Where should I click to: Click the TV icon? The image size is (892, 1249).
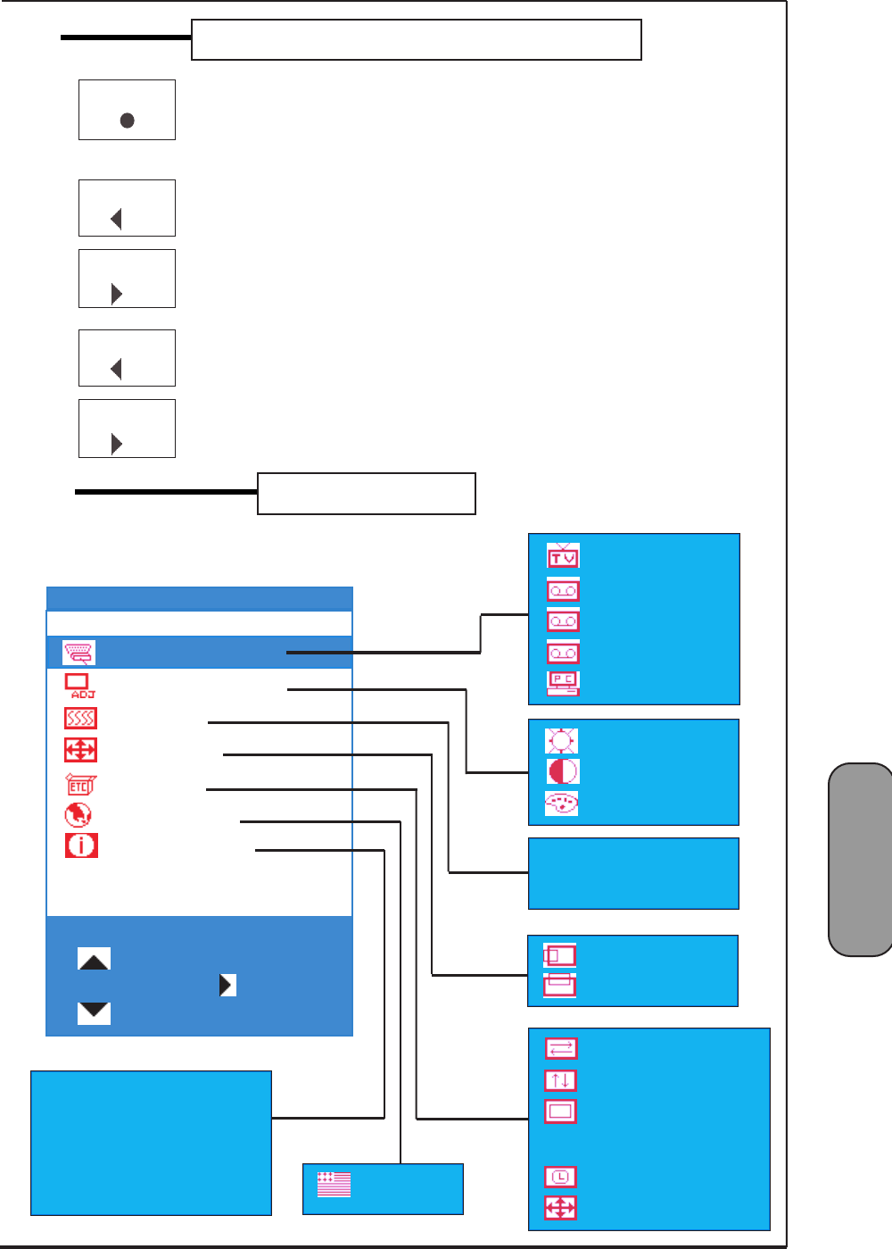563,556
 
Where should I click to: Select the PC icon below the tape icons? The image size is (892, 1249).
563,683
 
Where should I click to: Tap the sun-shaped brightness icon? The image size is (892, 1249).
561,741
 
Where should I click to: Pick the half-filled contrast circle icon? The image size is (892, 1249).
562,771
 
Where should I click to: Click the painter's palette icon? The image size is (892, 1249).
561,804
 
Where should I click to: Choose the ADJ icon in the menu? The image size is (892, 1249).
79,686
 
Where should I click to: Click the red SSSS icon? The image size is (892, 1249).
80,718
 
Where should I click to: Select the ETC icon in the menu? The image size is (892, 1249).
80,785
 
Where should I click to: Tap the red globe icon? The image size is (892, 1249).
78,815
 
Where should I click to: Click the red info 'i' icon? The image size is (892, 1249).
81,845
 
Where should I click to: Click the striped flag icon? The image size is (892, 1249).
334,1185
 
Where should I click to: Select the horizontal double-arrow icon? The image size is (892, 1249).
561,1048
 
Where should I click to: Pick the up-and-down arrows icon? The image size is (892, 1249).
560,1080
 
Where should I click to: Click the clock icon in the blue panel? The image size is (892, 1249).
560,1177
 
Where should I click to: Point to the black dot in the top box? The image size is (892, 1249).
128,121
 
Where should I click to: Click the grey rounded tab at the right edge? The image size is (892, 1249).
860,859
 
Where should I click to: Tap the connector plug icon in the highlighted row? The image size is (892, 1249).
78,654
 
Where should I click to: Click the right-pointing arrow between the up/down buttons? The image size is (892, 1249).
227,985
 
